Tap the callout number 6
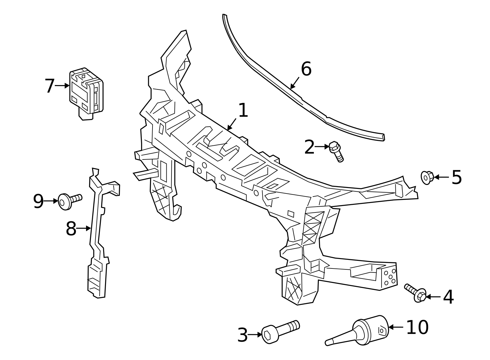[306, 69]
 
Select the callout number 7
[49, 86]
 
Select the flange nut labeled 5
[427, 177]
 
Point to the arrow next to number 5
[441, 177]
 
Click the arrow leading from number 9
[51, 201]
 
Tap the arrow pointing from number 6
[295, 83]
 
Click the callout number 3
[242, 335]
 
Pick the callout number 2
[309, 147]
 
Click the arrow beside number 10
[396, 327]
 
